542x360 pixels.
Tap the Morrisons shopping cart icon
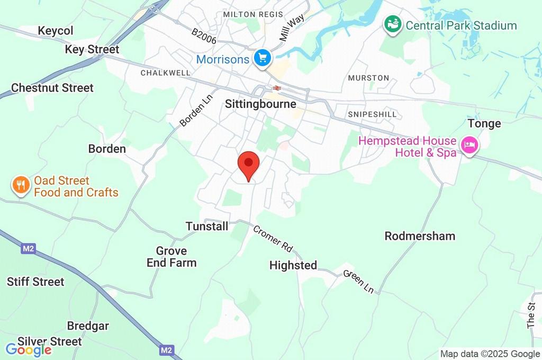coord(262,59)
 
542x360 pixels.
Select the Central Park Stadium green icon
coord(392,24)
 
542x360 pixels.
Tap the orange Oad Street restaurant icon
coord(21,185)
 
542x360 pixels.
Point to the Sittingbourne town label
coord(260,104)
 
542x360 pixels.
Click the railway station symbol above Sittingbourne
coord(276,88)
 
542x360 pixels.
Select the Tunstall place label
coord(207,227)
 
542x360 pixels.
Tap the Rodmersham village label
coord(420,236)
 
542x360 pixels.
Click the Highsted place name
coord(293,265)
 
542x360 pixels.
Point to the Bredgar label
coord(88,326)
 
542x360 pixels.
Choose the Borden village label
coord(107,149)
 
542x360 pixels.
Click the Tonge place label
coord(484,124)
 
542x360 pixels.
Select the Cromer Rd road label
coord(273,239)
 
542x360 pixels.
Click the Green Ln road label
coord(358,282)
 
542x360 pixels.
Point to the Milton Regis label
coord(253,14)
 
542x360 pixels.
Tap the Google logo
coord(29,349)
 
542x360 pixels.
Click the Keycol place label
coord(56,31)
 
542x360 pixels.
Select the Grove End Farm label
coord(171,257)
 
